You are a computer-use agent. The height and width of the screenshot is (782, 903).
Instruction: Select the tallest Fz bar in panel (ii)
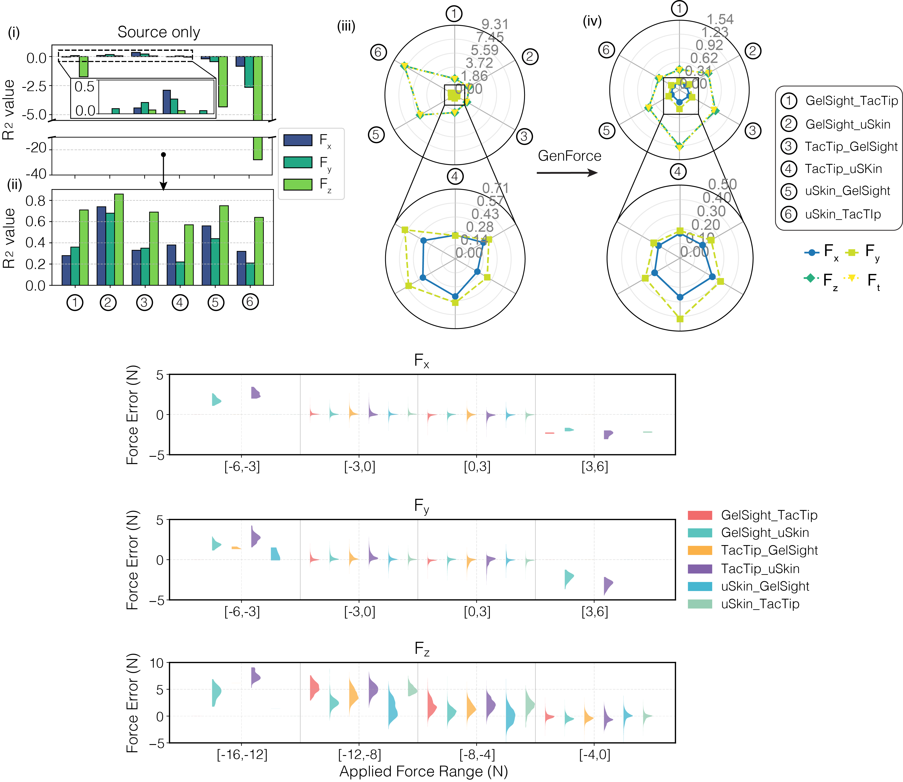pyautogui.click(x=119, y=239)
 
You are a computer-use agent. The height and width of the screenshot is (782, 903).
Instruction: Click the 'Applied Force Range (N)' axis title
pyautogui.click(x=423, y=771)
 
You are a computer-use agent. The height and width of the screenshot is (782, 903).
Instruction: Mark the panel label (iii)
pyautogui.click(x=346, y=27)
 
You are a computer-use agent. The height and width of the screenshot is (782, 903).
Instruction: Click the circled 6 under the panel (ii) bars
pyautogui.click(x=250, y=302)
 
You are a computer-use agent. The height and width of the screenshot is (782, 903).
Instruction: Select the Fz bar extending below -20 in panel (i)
pyautogui.click(x=258, y=148)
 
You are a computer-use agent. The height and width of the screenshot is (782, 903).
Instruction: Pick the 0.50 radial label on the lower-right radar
pyautogui.click(x=722, y=184)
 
